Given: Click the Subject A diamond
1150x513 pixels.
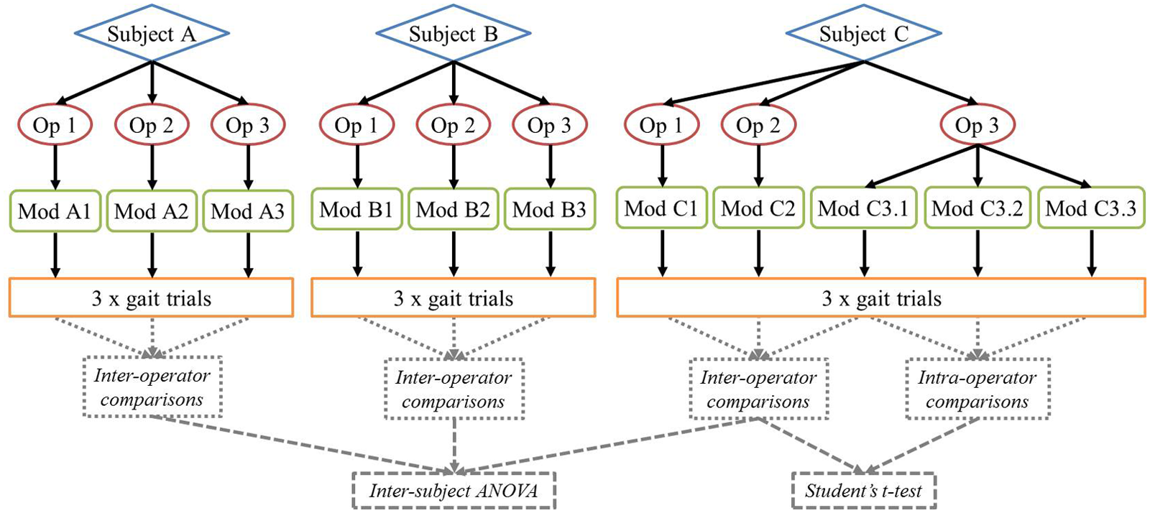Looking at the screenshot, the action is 152,34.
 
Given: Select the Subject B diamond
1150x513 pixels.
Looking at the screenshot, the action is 454,34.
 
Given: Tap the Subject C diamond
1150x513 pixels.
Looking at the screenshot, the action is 863,34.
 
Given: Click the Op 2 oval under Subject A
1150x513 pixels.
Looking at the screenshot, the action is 152,125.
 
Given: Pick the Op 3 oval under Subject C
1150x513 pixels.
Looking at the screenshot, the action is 977,125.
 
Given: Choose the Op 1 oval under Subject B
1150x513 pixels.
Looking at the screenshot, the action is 356,125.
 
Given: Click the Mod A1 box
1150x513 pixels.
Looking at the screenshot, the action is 55,211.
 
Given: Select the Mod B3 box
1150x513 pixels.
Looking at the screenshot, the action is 550,209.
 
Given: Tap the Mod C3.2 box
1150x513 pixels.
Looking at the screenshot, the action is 977,208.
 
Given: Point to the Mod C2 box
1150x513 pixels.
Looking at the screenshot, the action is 758,208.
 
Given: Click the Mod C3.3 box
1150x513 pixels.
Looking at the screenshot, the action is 1092,208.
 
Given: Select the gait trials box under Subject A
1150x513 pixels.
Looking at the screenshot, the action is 152,297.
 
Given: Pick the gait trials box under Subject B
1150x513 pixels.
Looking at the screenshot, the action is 454,297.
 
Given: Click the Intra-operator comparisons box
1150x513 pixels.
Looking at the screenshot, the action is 977,389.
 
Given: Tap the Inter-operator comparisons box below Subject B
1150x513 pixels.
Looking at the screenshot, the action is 454,389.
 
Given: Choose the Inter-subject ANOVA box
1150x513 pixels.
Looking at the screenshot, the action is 454,491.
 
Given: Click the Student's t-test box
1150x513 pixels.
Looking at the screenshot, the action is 863,491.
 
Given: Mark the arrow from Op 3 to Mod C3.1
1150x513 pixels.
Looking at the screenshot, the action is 921,166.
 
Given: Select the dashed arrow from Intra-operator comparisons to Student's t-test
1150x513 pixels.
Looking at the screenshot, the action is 920,445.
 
